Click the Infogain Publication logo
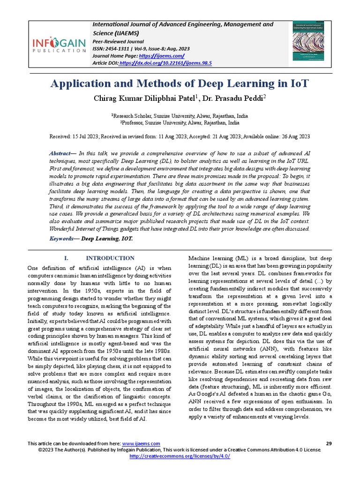(59, 45)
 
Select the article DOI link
(165, 62)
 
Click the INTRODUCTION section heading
(110, 258)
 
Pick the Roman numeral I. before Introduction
(66, 258)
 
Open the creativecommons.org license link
(180, 456)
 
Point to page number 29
(328, 443)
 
